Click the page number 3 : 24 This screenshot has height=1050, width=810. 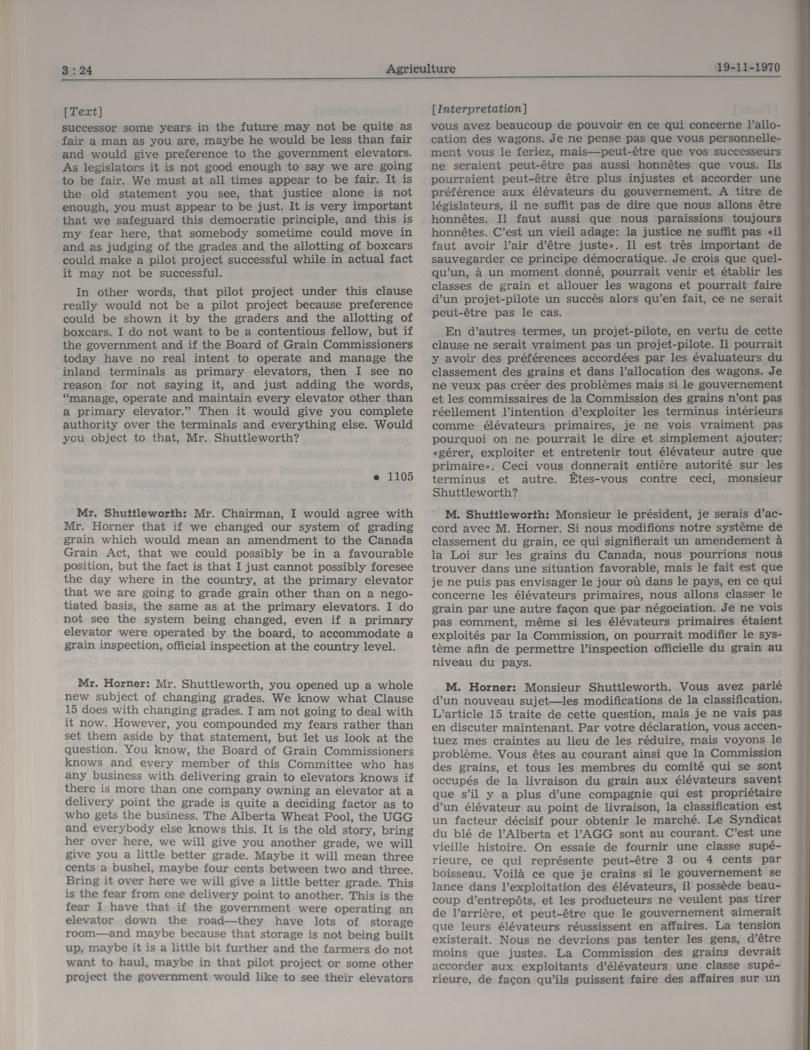pyautogui.click(x=77, y=71)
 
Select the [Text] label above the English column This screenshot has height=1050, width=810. pyautogui.click(x=83, y=112)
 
